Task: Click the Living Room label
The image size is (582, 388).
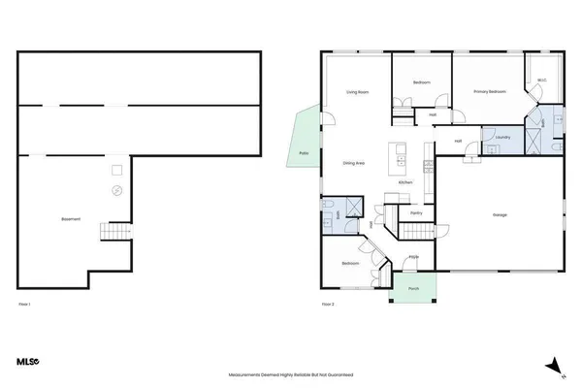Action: click(x=358, y=92)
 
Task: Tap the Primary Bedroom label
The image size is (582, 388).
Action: click(x=491, y=92)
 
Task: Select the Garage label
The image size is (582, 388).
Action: click(x=500, y=214)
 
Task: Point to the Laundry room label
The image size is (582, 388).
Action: click(x=501, y=138)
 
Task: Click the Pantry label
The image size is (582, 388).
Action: click(x=416, y=212)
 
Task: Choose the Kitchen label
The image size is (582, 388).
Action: click(x=406, y=182)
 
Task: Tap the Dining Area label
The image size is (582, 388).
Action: click(x=353, y=163)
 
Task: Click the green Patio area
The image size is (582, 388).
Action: click(x=303, y=140)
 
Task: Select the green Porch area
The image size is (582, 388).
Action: click(x=413, y=288)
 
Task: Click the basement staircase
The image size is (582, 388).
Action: click(x=117, y=233)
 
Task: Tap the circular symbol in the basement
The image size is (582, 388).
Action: click(x=116, y=190)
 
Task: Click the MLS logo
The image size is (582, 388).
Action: click(x=26, y=362)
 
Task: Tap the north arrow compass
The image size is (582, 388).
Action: click(x=553, y=365)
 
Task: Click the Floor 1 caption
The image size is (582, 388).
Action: click(x=25, y=306)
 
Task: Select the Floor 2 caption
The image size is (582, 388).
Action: click(x=328, y=306)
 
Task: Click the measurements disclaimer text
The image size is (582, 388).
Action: click(x=291, y=373)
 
